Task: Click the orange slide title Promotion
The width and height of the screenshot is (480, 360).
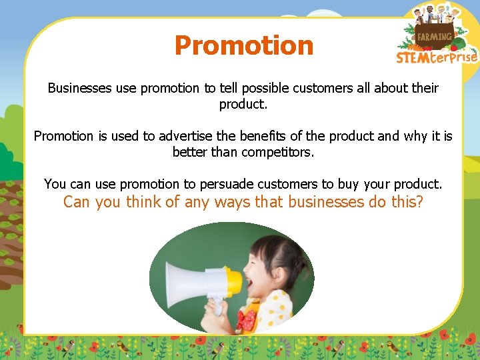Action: (243, 45)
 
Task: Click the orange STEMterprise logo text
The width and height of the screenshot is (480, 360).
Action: (437, 57)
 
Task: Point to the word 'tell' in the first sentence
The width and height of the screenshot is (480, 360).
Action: (229, 88)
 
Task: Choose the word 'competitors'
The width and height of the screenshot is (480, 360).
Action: (278, 152)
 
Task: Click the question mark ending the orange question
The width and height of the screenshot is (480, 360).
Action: (419, 202)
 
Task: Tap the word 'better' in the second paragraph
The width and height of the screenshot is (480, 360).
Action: (191, 152)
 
